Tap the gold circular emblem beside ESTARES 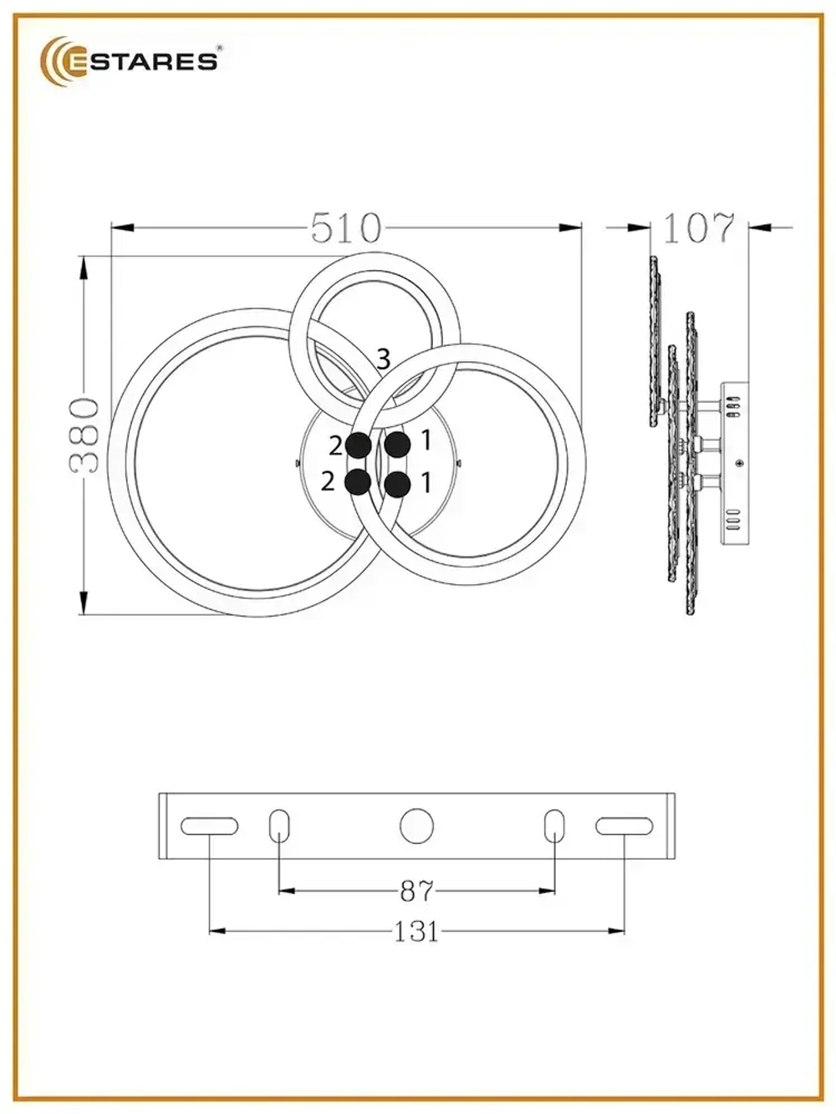click(x=62, y=61)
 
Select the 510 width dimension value click(x=346, y=227)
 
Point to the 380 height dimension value click(x=85, y=435)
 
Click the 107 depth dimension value click(x=699, y=227)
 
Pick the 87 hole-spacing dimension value click(x=416, y=891)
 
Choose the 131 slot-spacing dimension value click(x=416, y=930)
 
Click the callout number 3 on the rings click(x=383, y=359)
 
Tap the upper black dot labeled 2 click(x=359, y=445)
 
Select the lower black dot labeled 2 click(x=358, y=482)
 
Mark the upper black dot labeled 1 click(x=396, y=445)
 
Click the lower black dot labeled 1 click(x=397, y=483)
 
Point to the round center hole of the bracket click(x=416, y=826)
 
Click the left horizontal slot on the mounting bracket click(x=209, y=826)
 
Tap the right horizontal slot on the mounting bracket click(x=624, y=826)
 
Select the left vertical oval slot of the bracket click(x=279, y=826)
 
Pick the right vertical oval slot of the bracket click(x=554, y=826)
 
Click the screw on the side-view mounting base click(x=739, y=462)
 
